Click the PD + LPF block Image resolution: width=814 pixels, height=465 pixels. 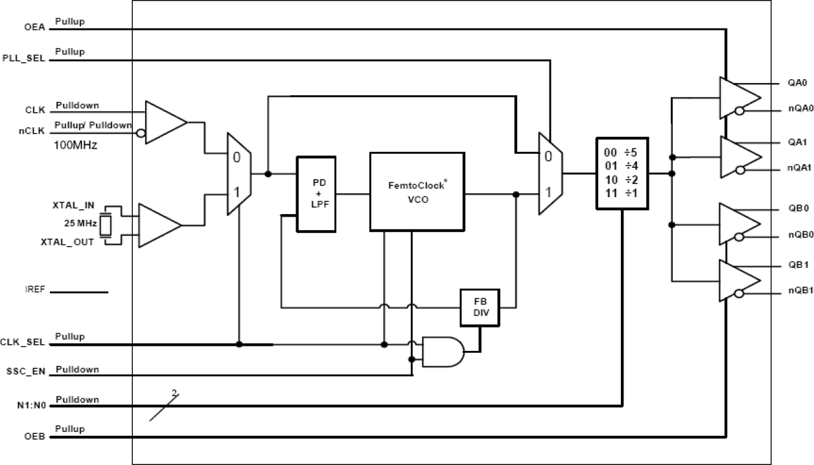(316, 194)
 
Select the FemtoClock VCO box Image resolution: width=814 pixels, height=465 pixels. (417, 192)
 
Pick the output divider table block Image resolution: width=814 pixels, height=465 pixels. (622, 173)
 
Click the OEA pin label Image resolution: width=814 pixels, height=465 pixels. (34, 29)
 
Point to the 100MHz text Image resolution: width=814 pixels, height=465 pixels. (75, 146)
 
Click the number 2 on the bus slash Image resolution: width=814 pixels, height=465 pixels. (173, 393)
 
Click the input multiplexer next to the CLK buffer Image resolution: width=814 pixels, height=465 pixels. (238, 174)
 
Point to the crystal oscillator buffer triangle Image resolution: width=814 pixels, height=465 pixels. (159, 225)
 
